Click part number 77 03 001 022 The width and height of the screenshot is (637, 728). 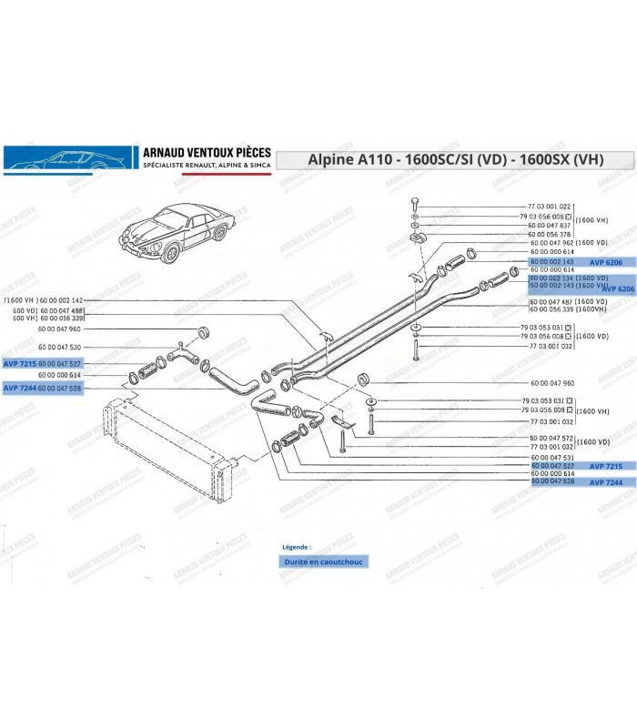pyautogui.click(x=549, y=207)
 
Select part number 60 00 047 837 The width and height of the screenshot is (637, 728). pyautogui.click(x=549, y=225)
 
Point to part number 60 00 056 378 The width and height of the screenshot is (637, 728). pyautogui.click(x=549, y=234)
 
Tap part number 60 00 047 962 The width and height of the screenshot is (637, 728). pyautogui.click(x=549, y=243)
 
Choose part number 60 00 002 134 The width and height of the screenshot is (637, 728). pyautogui.click(x=550, y=278)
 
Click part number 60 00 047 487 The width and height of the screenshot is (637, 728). pyautogui.click(x=549, y=300)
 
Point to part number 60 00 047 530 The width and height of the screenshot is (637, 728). pyautogui.click(x=59, y=348)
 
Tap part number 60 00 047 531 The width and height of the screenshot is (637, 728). pyautogui.click(x=549, y=457)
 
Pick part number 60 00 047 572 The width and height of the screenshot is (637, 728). pyautogui.click(x=549, y=439)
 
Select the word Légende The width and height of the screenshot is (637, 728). pyautogui.click(x=297, y=548)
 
